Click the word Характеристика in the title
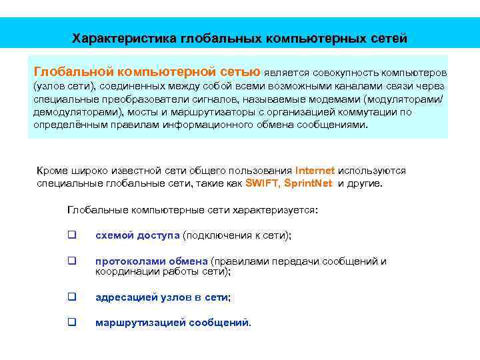(x=124, y=38)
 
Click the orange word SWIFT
(x=262, y=183)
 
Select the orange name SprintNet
(x=308, y=183)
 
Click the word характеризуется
(x=275, y=210)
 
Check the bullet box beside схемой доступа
(x=71, y=235)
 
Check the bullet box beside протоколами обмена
(x=71, y=261)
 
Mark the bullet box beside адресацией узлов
(x=71, y=297)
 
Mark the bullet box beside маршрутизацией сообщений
(x=71, y=323)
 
